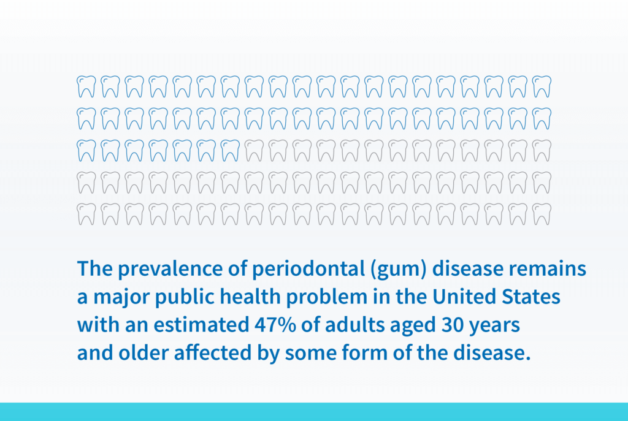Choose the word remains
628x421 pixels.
pos(548,268)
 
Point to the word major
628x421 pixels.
pos(121,297)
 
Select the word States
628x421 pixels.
pos(531,297)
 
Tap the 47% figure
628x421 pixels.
pos(275,325)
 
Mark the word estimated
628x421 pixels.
pos(201,325)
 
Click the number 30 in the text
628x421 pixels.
pos(452,325)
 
